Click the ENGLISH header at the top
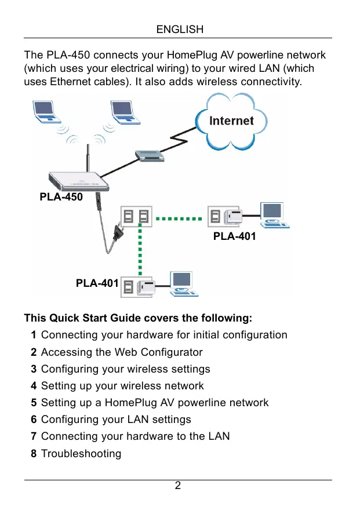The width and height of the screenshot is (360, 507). [180, 29]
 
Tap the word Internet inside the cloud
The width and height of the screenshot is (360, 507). [231, 121]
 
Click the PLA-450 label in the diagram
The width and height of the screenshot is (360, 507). [61, 197]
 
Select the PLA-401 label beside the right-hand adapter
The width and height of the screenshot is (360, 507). [234, 236]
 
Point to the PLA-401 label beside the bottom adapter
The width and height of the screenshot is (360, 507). [97, 283]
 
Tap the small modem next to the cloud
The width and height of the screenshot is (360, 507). [149, 155]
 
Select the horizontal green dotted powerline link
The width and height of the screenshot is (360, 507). [180, 219]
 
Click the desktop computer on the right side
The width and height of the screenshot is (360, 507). [272, 215]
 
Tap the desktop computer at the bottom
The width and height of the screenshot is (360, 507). [183, 284]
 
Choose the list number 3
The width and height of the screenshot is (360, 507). [34, 369]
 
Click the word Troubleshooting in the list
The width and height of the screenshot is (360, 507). [81, 453]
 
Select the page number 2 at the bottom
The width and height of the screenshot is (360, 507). [178, 486]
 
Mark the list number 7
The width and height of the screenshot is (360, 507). [34, 436]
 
